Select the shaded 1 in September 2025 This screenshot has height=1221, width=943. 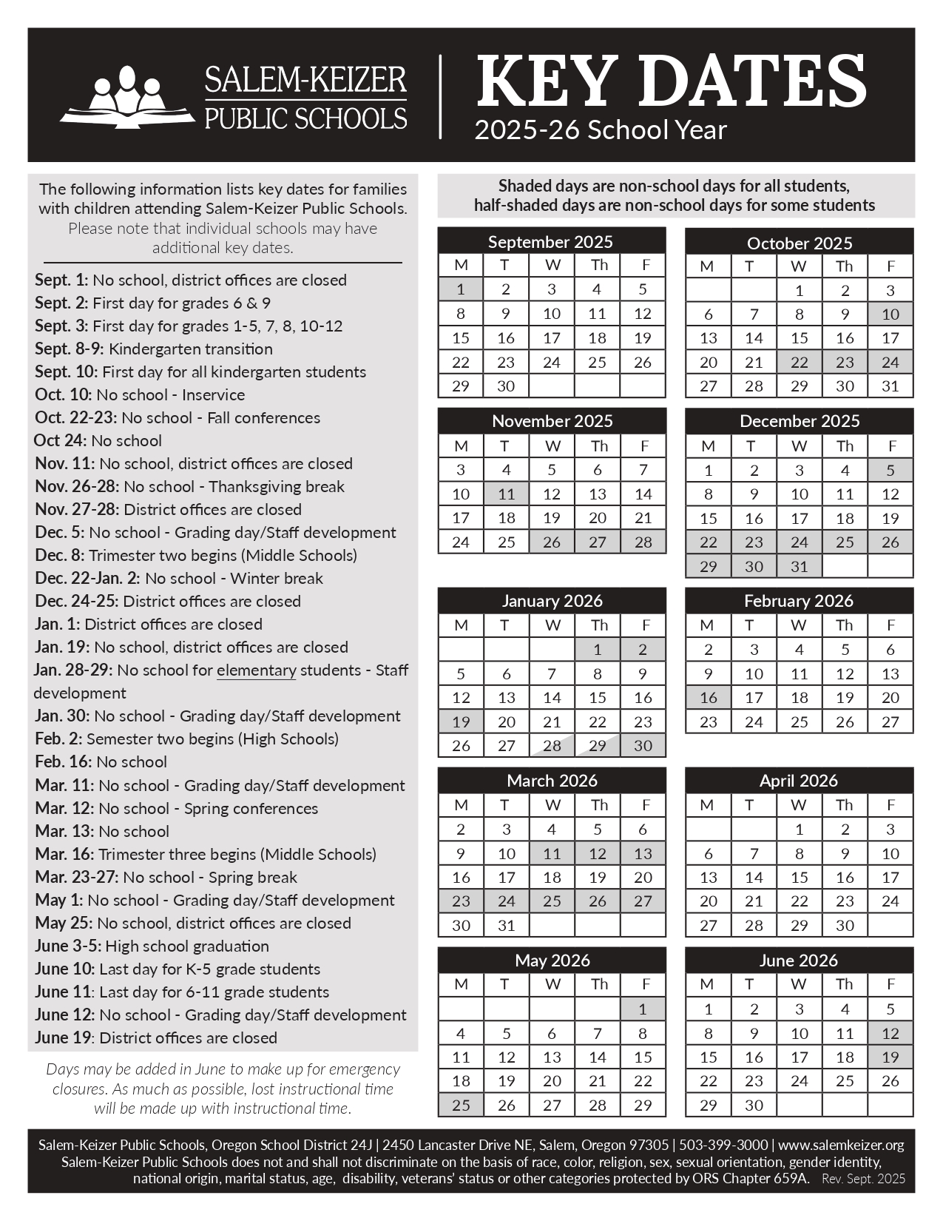click(x=461, y=289)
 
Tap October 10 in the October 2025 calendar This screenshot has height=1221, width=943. click(x=890, y=314)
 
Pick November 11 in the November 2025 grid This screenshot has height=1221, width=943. click(x=507, y=494)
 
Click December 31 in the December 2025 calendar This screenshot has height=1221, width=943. click(x=800, y=566)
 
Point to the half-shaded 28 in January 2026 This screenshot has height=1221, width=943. click(x=552, y=745)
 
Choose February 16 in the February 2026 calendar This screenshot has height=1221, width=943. click(x=709, y=697)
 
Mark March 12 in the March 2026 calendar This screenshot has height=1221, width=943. click(x=598, y=853)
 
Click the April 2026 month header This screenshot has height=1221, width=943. click(x=799, y=781)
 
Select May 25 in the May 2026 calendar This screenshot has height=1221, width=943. click(x=461, y=1105)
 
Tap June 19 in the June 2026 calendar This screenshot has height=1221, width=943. click(x=890, y=1057)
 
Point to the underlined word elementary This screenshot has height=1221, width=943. click(x=256, y=670)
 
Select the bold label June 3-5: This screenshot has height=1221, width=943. click(x=68, y=946)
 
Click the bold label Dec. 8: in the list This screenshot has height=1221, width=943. click(x=60, y=556)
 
